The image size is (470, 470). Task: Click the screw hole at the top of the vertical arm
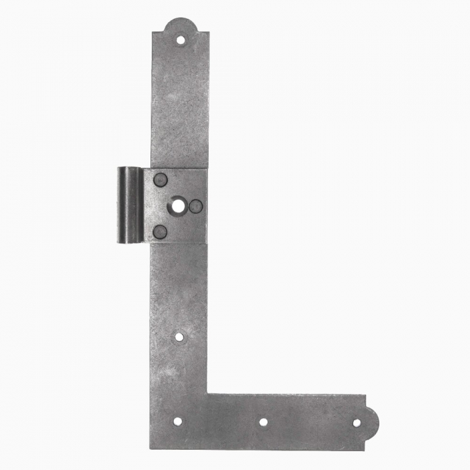[x=180, y=40]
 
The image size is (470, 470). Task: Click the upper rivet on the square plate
[x=160, y=180]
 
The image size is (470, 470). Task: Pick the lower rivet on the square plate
[x=160, y=232]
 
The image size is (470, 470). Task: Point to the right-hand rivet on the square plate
[x=196, y=206]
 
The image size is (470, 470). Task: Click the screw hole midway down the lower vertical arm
[x=179, y=336]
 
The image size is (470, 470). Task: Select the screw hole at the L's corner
[x=177, y=422]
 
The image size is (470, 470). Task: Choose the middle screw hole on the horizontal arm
[x=263, y=422]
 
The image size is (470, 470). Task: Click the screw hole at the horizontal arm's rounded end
[x=356, y=422]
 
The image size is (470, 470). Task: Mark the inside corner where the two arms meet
[x=207, y=394]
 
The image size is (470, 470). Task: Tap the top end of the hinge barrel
[x=129, y=169]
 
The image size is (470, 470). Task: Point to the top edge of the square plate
[x=179, y=169]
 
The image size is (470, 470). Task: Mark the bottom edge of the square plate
[x=179, y=244]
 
